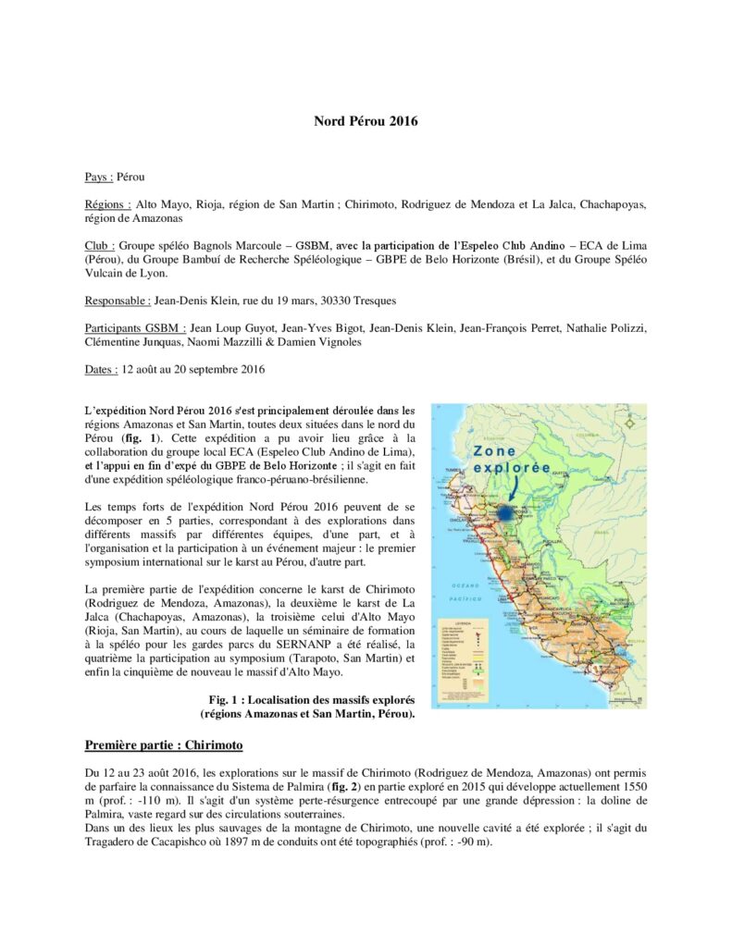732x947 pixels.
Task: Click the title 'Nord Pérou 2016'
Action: [366, 121]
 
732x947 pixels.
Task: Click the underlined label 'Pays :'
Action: [99, 176]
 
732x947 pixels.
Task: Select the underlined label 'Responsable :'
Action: [118, 301]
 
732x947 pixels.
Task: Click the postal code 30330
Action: [360, 301]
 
